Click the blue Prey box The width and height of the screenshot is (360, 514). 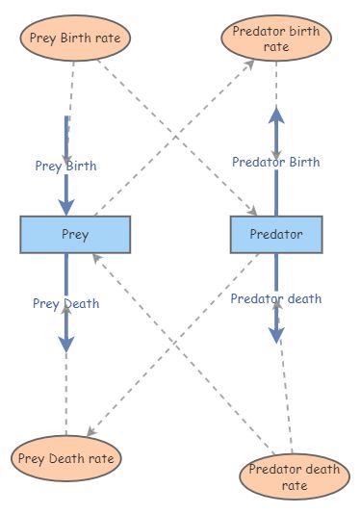point(75,235)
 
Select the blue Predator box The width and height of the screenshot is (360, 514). point(276,235)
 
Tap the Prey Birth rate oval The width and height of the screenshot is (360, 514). point(75,39)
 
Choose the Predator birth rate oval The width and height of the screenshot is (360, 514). point(276,39)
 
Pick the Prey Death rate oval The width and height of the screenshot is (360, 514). point(66,458)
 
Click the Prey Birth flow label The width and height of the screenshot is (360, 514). point(64,166)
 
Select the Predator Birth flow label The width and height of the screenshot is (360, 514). point(276,162)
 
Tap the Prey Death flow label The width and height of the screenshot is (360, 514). point(65,304)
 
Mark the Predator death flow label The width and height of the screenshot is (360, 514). point(276,298)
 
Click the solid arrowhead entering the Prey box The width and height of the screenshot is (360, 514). point(65,205)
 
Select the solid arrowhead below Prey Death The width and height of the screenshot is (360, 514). point(65,342)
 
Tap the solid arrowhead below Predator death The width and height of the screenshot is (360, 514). point(276,333)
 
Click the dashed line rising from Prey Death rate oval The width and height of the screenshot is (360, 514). point(65,395)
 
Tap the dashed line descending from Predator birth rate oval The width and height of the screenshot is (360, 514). point(276,87)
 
